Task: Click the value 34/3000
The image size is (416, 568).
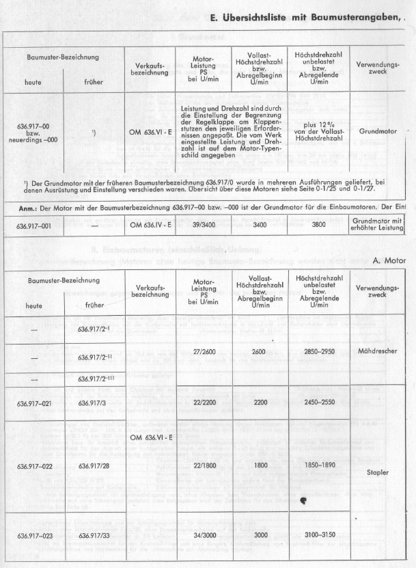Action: [x=202, y=537]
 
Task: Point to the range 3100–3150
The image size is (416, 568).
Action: [x=318, y=537]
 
